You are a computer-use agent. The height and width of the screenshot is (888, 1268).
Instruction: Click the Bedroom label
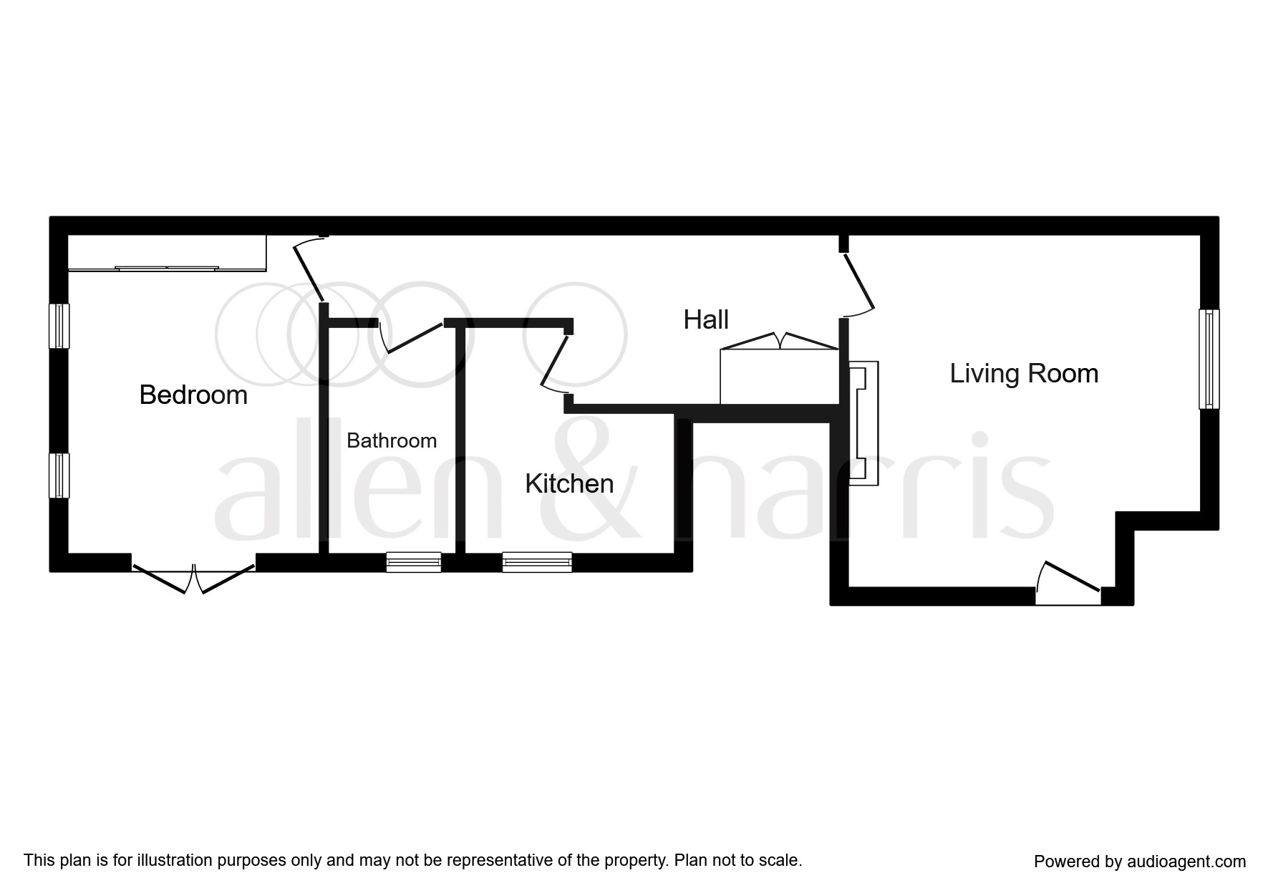coord(193,395)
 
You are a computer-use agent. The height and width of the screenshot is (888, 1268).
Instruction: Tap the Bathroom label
coord(392,440)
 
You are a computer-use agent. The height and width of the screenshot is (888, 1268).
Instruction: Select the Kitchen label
coord(569,484)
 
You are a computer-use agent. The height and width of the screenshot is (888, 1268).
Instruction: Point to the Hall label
coord(706,320)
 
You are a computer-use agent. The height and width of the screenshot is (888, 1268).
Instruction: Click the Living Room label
coord(1024,374)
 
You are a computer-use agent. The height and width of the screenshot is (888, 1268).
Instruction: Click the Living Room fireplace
coord(863,423)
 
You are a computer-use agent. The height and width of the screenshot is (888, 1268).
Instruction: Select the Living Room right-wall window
coord(1209,359)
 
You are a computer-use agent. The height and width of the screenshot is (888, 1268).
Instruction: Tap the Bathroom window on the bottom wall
coord(414,562)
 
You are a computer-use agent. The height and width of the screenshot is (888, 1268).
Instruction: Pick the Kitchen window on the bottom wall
coord(537,562)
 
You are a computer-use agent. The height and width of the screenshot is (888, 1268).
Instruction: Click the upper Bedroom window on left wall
coord(59,326)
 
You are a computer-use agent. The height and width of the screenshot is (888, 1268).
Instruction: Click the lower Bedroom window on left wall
coord(59,476)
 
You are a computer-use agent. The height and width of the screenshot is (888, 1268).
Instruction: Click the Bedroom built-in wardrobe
coord(167,253)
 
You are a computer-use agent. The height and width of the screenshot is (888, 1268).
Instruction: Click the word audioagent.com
coord(1186,862)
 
